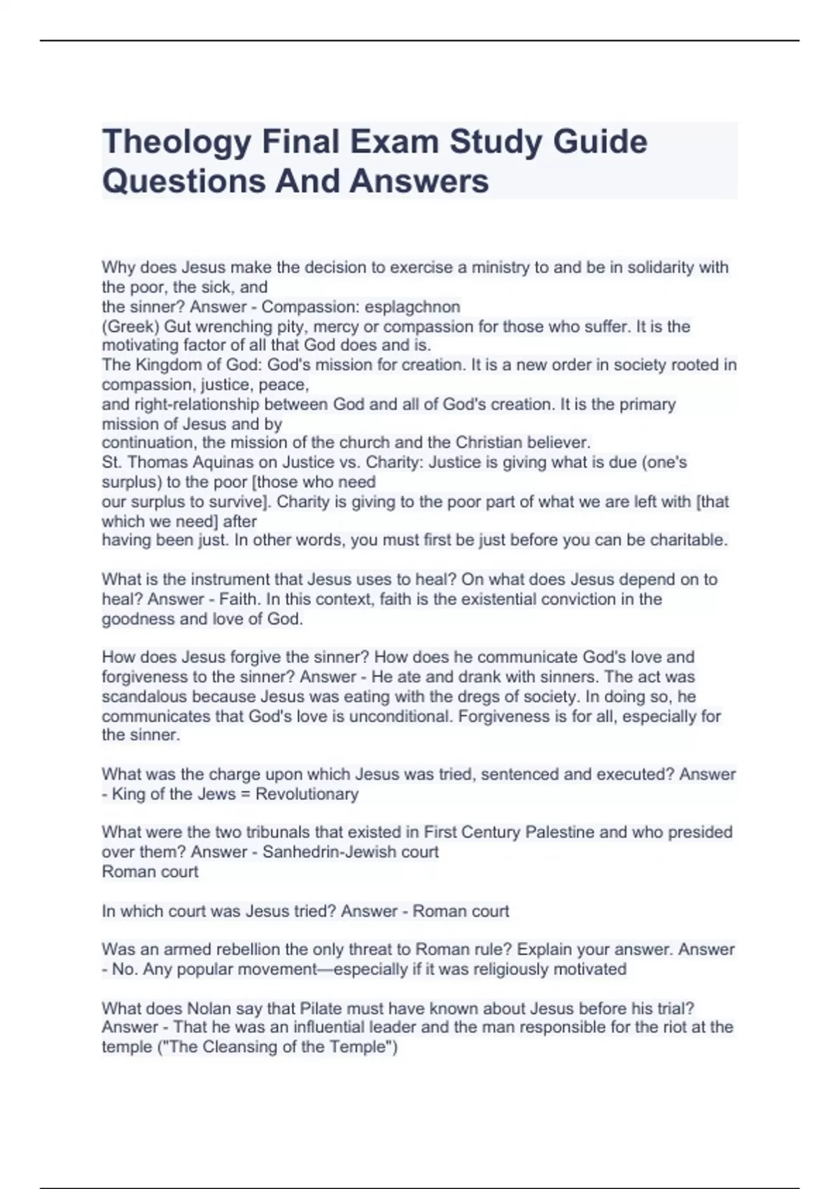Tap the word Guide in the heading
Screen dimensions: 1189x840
tap(600, 143)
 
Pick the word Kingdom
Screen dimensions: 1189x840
tap(167, 365)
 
